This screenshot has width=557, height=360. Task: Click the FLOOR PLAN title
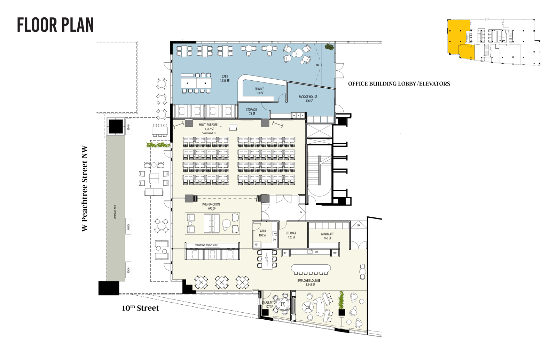(x=55, y=25)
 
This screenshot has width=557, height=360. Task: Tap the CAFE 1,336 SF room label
(x=225, y=79)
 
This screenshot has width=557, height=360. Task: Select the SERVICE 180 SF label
(x=259, y=91)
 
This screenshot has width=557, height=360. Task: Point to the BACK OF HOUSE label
(x=308, y=99)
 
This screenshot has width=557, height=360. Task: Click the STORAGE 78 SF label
(x=251, y=111)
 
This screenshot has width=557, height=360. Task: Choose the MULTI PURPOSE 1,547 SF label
(x=209, y=127)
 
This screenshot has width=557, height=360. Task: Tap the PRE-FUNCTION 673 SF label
(x=211, y=206)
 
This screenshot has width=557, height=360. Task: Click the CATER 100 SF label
(x=262, y=233)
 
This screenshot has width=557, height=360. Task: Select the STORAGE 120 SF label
(x=291, y=235)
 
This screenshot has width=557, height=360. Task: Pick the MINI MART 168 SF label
(x=327, y=236)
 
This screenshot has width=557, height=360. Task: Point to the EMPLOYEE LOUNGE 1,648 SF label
(x=309, y=282)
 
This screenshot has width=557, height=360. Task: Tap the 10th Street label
(x=140, y=308)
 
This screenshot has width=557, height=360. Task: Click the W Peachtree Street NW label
(x=85, y=188)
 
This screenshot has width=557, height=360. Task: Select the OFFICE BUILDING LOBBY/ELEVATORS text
(x=399, y=84)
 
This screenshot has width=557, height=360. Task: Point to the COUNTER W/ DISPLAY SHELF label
(x=206, y=245)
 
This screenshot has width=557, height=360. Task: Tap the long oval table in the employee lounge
(x=311, y=269)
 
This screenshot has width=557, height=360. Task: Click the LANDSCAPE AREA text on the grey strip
(x=115, y=212)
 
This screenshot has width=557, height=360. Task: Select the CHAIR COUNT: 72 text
(x=209, y=133)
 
